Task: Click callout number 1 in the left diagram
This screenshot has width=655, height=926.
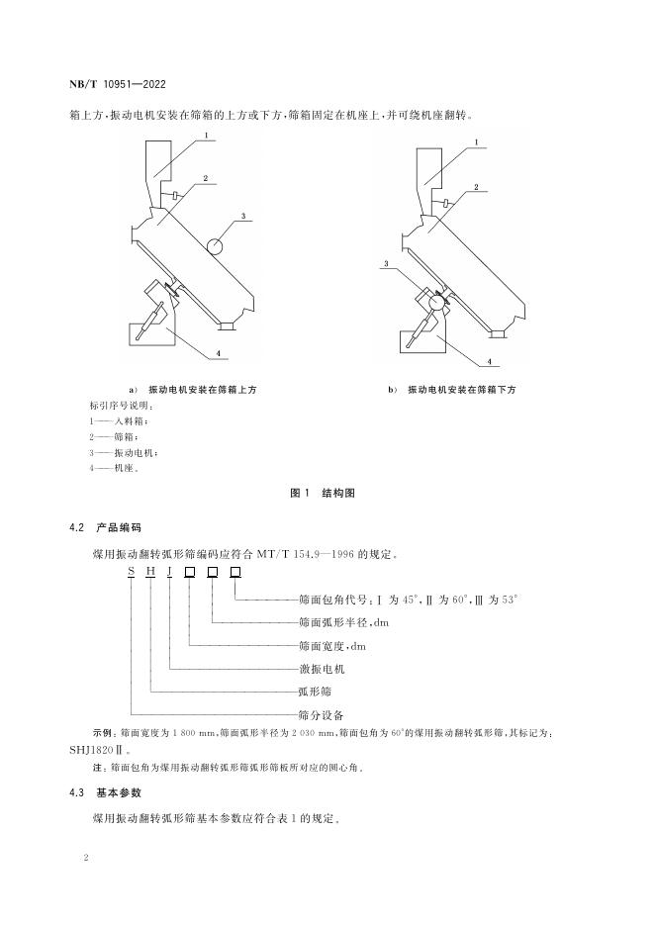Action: tap(207, 136)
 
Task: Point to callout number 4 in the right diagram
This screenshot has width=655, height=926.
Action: tap(490, 361)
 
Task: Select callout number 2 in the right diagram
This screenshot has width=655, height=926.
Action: tap(475, 185)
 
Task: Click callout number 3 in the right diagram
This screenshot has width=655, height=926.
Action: tap(379, 264)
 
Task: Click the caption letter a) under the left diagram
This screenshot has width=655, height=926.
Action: tap(133, 390)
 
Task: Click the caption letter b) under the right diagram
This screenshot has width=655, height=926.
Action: tap(393, 390)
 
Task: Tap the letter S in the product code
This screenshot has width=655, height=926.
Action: tap(131, 573)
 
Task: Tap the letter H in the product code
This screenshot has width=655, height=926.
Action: tap(150, 573)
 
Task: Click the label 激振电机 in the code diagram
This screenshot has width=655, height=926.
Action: tap(320, 669)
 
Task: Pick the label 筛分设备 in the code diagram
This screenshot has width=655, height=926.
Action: tap(320, 713)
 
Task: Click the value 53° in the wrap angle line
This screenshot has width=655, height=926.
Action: tap(511, 600)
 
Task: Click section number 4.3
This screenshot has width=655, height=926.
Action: tap(77, 792)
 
